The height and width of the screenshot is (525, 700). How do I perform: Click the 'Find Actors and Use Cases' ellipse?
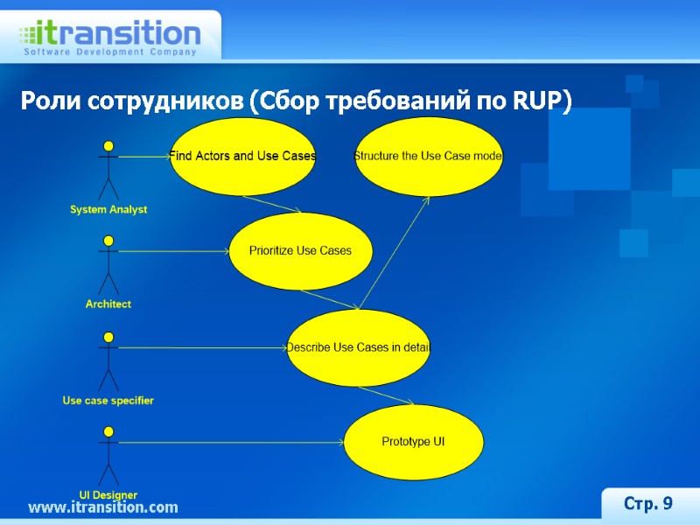click(x=242, y=156)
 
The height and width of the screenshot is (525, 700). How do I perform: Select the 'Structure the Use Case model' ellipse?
click(x=428, y=156)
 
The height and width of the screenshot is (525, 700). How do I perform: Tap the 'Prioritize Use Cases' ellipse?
click(x=300, y=251)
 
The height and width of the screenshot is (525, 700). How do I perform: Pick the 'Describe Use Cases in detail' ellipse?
click(x=359, y=347)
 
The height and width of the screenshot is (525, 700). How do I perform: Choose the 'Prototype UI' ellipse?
click(x=413, y=442)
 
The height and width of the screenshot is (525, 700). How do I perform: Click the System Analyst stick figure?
click(x=108, y=170)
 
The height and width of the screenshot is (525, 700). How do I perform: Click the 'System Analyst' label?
click(x=108, y=210)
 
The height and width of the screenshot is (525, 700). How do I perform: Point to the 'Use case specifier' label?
click(x=108, y=401)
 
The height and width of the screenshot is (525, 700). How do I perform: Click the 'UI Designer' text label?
click(x=108, y=495)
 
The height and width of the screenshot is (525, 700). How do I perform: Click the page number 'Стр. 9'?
click(x=647, y=503)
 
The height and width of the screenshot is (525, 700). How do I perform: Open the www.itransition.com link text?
click(x=103, y=507)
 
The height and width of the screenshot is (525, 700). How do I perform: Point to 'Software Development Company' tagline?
click(x=109, y=52)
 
